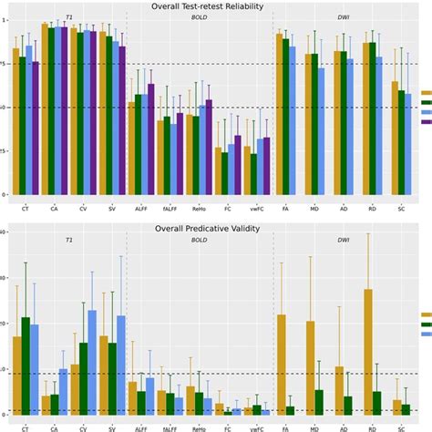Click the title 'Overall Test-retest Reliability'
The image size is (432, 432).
click(215, 6)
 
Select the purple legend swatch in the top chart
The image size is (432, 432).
click(425, 122)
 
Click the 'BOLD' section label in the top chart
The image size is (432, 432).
click(198, 17)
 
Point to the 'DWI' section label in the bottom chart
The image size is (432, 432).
click(344, 241)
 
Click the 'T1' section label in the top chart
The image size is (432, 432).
click(69, 17)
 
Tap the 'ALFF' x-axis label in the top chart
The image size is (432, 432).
click(139, 209)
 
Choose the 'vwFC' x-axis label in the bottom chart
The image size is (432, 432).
click(255, 427)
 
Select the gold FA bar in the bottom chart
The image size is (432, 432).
click(282, 365)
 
